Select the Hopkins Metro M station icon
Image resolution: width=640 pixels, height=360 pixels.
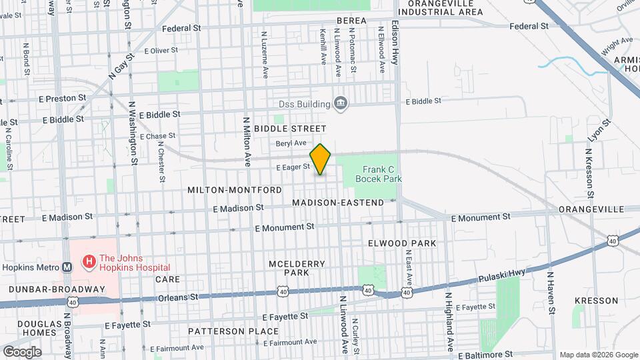(67, 267)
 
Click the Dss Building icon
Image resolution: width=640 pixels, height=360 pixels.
(341, 103)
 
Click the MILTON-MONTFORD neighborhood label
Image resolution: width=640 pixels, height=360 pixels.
(234, 190)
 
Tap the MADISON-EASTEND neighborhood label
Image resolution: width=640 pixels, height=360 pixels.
(338, 203)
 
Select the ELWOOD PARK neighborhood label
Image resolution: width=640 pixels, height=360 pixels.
(402, 243)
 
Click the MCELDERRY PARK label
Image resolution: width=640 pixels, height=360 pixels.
(297, 268)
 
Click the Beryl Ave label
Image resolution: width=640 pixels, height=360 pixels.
(290, 143)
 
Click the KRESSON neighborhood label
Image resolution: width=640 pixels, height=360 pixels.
(595, 301)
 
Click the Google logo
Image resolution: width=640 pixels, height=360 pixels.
(21, 351)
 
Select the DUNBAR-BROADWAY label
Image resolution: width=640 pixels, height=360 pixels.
(57, 289)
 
